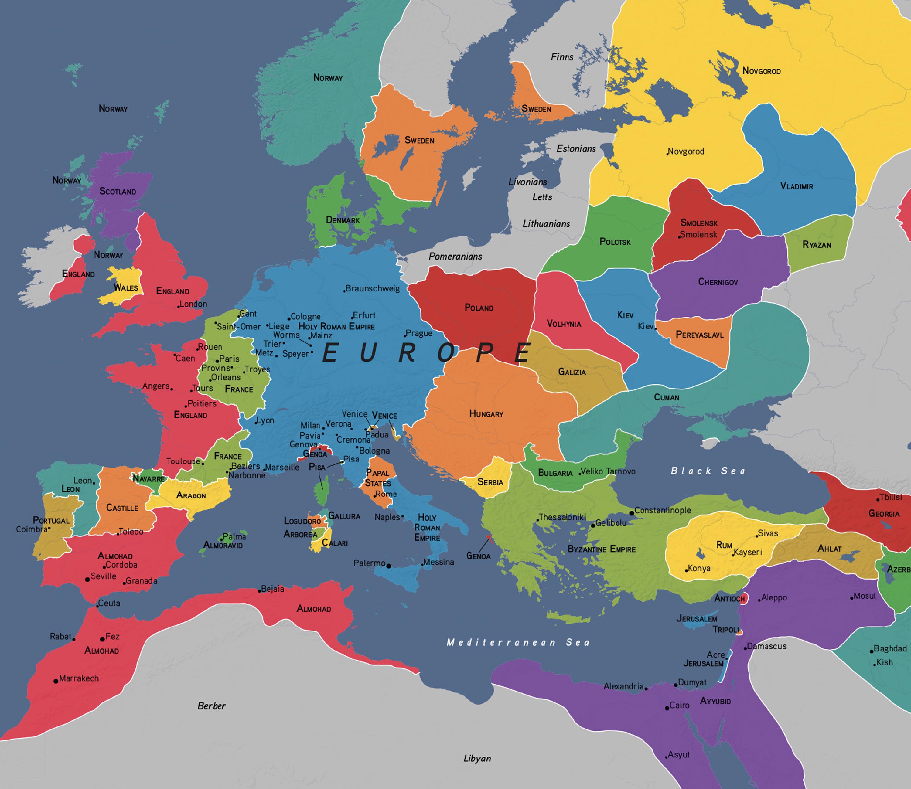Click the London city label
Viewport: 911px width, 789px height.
[193, 304]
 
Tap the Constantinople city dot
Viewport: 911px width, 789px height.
[631, 513]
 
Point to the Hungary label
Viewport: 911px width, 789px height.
[486, 413]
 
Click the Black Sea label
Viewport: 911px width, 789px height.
[708, 471]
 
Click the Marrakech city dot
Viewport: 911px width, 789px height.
[56, 681]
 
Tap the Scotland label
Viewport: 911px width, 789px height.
[118, 191]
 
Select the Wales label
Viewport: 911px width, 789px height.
[126, 287]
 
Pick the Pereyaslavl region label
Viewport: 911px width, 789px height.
[700, 335]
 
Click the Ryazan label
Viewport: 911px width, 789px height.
[817, 244]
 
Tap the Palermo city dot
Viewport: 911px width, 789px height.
[388, 566]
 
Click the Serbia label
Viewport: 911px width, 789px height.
[490, 482]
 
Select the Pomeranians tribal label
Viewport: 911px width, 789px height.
[455, 256]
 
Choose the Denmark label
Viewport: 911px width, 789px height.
[343, 220]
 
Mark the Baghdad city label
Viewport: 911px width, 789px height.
[890, 648]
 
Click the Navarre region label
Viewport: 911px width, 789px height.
[149, 479]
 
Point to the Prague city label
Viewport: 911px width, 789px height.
[419, 333]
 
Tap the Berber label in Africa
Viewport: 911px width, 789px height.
[211, 706]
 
